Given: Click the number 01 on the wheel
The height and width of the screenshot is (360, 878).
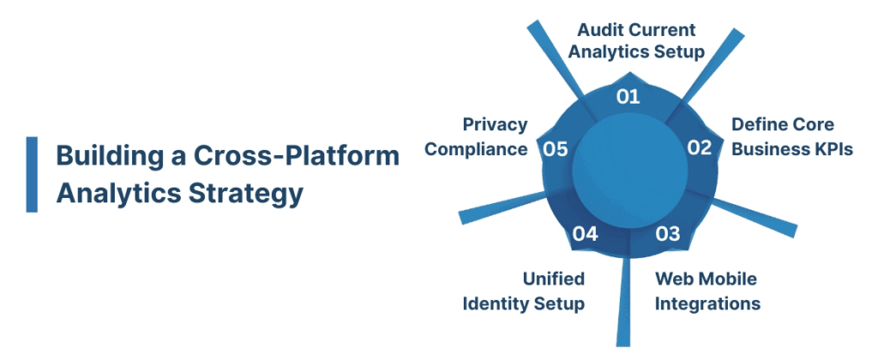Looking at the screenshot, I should click(x=628, y=96).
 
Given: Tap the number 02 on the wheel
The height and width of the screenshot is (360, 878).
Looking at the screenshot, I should click(x=700, y=147).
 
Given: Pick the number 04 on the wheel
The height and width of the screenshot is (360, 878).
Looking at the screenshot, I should click(x=585, y=233).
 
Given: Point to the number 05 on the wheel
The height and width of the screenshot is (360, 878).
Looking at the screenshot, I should click(x=556, y=149).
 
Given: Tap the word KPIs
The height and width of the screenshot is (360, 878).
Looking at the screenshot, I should click(x=830, y=148).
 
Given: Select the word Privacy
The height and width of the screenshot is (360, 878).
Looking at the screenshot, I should click(x=495, y=124).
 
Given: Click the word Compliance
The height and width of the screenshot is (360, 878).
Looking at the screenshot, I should click(x=477, y=149).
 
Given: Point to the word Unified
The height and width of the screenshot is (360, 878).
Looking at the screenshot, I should click(x=554, y=279).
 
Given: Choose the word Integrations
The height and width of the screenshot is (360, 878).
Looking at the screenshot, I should click(x=707, y=303).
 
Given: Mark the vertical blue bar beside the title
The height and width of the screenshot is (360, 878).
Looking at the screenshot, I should click(x=32, y=174).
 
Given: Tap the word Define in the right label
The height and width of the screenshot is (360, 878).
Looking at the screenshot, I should click(x=758, y=124).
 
